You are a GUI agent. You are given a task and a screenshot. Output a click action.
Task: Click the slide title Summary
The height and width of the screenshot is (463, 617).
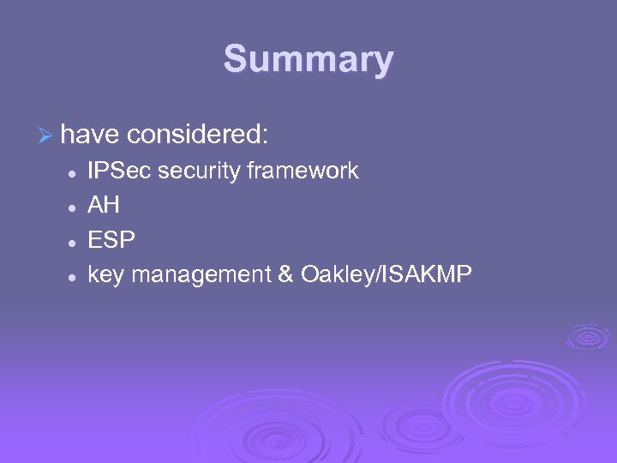pyautogui.click(x=308, y=60)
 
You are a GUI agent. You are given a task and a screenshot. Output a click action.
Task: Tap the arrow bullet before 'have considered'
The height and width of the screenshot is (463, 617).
pyautogui.click(x=46, y=135)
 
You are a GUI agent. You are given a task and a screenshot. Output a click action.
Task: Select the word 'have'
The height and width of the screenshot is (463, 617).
pyautogui.click(x=90, y=135)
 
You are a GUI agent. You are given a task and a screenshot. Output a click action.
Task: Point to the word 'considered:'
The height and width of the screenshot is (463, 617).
pyautogui.click(x=198, y=135)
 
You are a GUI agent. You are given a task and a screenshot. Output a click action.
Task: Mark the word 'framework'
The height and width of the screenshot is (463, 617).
pyautogui.click(x=303, y=171)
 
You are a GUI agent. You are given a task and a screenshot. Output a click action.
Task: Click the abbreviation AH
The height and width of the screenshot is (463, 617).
pyautogui.click(x=104, y=206)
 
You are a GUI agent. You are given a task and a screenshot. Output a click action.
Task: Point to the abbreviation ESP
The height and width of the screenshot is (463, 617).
pyautogui.click(x=111, y=241)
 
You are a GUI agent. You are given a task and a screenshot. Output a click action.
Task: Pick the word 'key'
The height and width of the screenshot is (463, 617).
pyautogui.click(x=107, y=275)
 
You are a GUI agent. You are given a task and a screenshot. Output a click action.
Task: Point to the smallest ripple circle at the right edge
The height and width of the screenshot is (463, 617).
pyautogui.click(x=589, y=335)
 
